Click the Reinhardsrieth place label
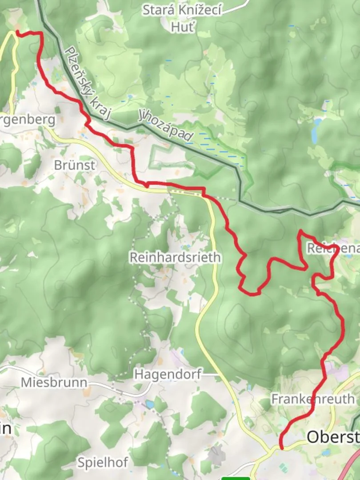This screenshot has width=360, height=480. (x=175, y=257)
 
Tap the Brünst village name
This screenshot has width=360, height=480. (x=74, y=165)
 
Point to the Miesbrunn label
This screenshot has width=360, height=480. (x=54, y=382)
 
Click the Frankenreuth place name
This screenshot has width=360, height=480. (x=313, y=399)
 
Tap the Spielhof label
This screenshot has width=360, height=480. (x=103, y=462)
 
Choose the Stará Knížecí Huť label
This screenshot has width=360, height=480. (x=182, y=18)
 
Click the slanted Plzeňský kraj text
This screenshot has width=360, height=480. (x=87, y=83)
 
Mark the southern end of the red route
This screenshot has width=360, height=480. (x=281, y=448)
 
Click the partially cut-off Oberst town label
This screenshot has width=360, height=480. (x=332, y=437)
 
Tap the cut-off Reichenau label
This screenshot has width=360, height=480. (x=333, y=248)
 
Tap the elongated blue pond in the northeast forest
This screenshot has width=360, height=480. (x=316, y=131)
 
